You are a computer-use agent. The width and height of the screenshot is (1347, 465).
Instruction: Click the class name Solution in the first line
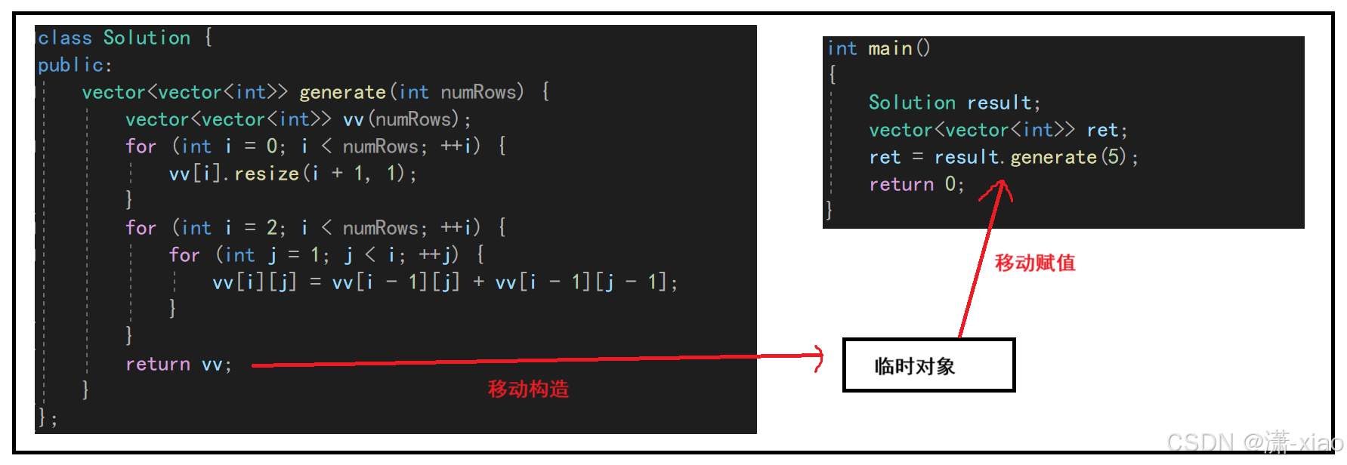(147, 38)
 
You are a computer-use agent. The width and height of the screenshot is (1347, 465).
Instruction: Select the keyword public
(71, 66)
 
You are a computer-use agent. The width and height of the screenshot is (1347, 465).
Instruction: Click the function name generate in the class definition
(342, 92)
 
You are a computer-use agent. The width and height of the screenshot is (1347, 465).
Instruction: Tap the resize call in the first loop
(267, 174)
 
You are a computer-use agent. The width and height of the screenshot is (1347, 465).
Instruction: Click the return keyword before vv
(158, 364)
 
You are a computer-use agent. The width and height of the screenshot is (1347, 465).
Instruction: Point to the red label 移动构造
(528, 389)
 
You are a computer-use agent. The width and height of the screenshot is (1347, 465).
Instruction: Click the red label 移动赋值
(1035, 263)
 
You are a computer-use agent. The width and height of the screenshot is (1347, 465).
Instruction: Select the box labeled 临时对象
(928, 365)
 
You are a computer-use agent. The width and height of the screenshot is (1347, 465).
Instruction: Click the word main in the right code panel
(890, 49)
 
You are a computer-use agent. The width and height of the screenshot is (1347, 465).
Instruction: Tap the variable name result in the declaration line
(999, 103)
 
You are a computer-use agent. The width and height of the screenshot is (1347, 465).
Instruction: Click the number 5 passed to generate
(1113, 157)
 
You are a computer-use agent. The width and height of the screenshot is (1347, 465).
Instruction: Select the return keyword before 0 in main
(901, 184)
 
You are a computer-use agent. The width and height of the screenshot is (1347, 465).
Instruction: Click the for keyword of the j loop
(184, 255)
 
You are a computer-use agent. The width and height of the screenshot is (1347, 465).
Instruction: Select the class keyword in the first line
(65, 38)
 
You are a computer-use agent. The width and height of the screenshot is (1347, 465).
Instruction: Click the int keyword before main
(842, 49)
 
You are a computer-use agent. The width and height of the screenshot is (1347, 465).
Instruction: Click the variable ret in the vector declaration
(1102, 130)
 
